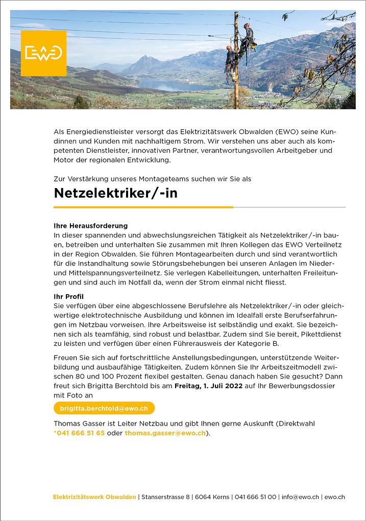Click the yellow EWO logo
point(43,53)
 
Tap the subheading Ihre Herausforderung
point(90,225)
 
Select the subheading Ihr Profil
point(69,296)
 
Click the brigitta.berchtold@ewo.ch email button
point(104,409)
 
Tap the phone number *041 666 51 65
point(79,433)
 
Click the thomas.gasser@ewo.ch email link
point(165,433)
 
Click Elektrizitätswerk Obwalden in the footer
point(94,496)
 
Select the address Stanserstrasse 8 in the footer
point(166,496)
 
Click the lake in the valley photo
point(168,84)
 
